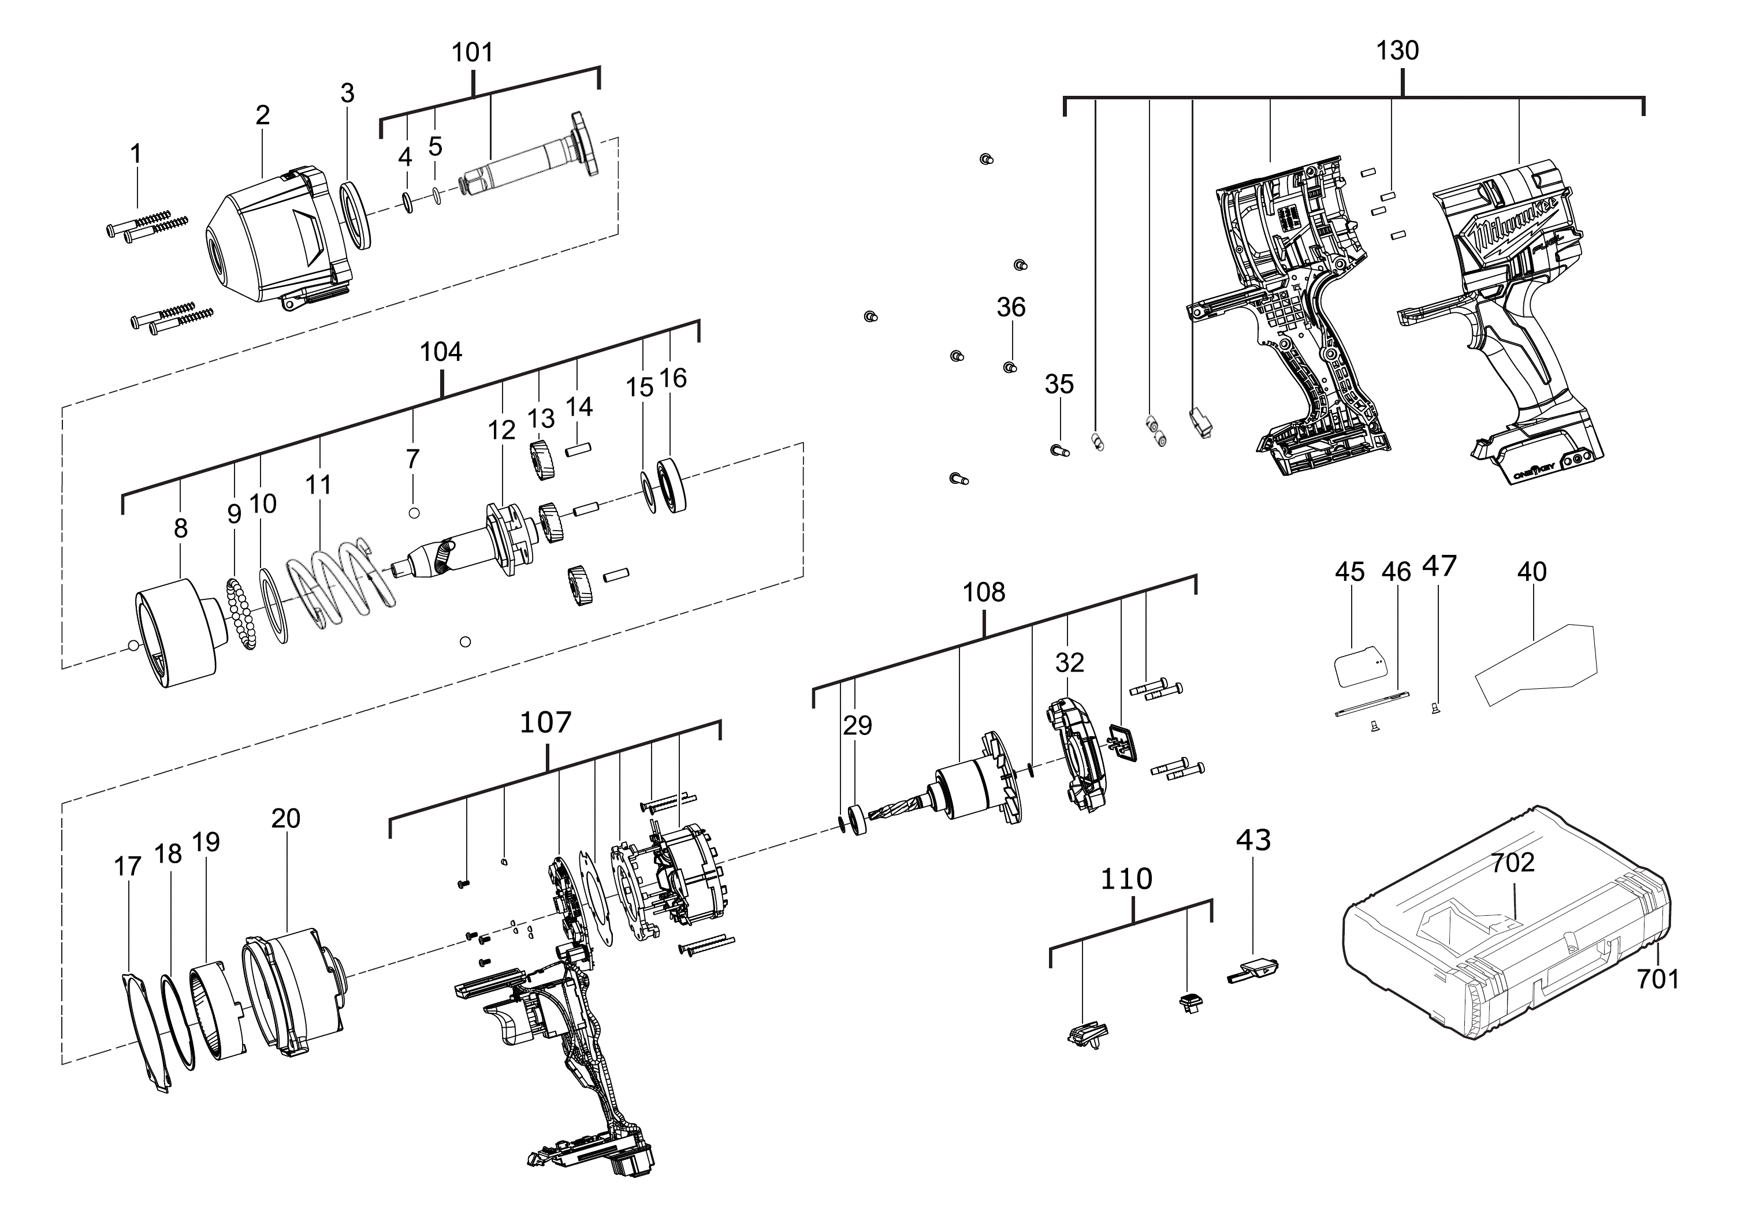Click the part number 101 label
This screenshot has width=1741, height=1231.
(473, 53)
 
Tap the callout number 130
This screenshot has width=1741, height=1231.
(1397, 51)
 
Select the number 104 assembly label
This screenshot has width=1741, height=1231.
(441, 352)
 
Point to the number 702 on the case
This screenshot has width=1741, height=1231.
(1513, 862)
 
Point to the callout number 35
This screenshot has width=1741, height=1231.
(1059, 385)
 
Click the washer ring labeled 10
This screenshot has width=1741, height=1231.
(274, 606)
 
